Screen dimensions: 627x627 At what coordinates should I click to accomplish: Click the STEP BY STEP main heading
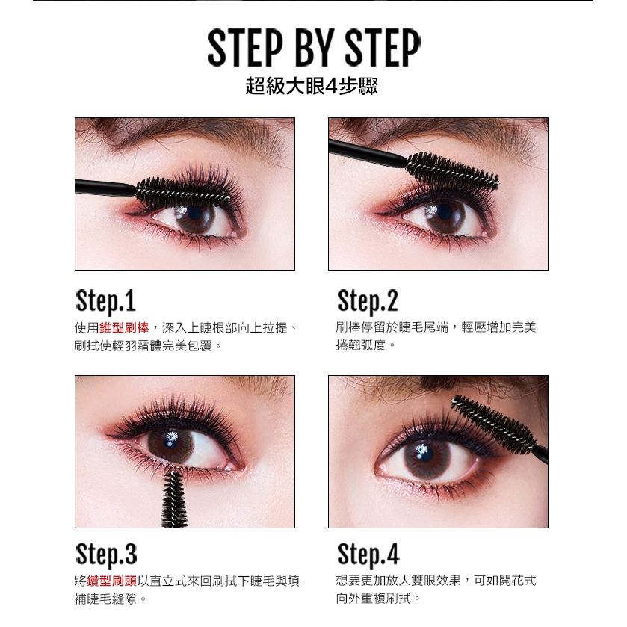tap(314, 48)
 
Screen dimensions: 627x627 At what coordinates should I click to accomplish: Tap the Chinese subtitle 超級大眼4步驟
tap(312, 86)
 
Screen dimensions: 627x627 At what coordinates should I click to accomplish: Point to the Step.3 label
tap(106, 555)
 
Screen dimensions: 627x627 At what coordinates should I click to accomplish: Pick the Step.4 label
tap(368, 555)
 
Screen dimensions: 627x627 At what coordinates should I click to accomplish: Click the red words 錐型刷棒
tap(124, 328)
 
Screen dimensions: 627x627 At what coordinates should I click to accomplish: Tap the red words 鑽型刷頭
tap(111, 581)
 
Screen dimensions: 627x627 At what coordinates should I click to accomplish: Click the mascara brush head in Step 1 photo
tap(183, 193)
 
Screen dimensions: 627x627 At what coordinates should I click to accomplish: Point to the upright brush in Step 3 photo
tap(174, 500)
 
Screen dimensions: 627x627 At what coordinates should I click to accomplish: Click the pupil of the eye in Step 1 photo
tap(195, 214)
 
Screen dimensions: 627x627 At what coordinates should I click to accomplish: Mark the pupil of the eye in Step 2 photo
tap(445, 212)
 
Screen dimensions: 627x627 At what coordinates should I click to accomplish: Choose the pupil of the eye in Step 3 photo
tap(171, 440)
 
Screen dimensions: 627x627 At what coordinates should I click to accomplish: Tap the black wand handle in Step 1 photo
tap(105, 188)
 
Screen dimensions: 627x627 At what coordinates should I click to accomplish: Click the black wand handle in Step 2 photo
tap(367, 152)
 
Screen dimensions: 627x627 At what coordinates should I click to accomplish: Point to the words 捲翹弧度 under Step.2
tap(360, 345)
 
